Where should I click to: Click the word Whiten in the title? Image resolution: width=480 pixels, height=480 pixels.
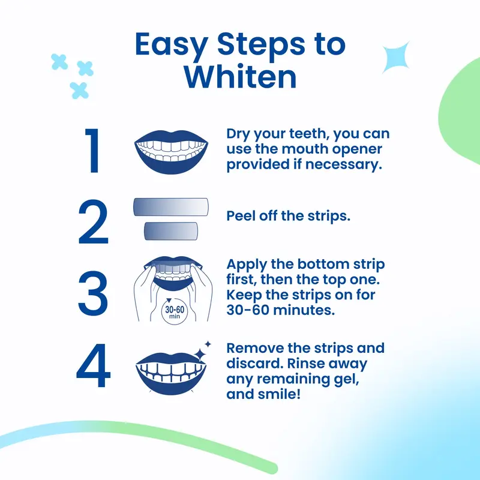pos(240,76)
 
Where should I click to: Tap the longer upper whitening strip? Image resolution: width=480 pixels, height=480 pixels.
pos(170,207)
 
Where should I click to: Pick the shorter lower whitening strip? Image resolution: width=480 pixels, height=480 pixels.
pos(170,230)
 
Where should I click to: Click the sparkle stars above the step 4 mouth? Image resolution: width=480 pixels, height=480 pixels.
pos(206,347)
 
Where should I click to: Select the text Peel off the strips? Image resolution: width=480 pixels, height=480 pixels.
pos(288,216)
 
